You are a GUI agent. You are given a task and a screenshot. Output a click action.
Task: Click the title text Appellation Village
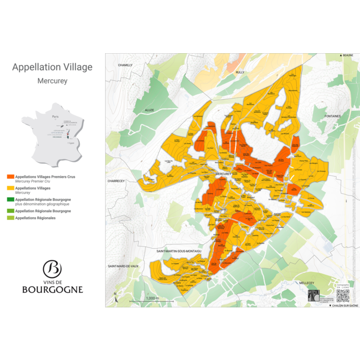pos(53,68)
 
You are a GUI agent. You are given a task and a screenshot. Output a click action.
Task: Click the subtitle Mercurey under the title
pos(53,81)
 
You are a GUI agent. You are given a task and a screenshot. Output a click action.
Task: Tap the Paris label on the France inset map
pos(55,117)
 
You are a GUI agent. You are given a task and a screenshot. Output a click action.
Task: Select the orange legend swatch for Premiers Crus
pos(11,177)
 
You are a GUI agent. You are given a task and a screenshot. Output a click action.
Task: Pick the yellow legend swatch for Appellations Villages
pos(11,188)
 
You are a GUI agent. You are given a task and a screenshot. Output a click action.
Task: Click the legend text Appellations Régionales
pos(35,218)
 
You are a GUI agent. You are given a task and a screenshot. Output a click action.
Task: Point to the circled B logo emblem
pos(52,269)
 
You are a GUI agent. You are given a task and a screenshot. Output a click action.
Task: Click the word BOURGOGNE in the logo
pos(53,289)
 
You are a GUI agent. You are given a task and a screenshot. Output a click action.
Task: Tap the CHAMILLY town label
pos(126,65)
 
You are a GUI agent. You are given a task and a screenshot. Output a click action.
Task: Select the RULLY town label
pos(240,72)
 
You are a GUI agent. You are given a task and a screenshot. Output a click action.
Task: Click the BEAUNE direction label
pos(347,56)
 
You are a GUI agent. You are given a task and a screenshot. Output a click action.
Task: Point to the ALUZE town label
pos(150,110)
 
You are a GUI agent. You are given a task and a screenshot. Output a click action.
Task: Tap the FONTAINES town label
pos(334,116)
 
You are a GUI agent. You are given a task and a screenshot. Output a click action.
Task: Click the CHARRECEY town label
pos(117,181)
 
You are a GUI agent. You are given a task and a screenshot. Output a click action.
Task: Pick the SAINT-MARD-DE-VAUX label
pos(123,266)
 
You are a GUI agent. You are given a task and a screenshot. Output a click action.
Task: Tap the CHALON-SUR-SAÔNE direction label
pos(343,305)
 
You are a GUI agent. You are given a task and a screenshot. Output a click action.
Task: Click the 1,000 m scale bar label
pos(152,298)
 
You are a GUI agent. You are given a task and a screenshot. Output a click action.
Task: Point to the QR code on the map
pos(343,296)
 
